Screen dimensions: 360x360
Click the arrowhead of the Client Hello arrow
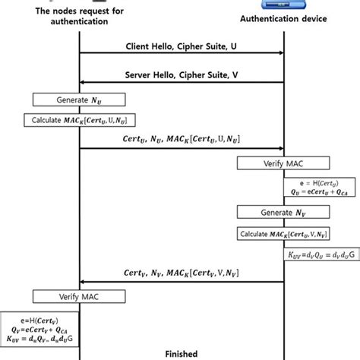pyautogui.click(x=280, y=54)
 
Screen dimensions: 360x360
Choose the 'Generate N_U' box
pyautogui.click(x=80, y=99)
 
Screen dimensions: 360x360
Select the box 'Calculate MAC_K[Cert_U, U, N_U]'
pyautogui.click(x=80, y=120)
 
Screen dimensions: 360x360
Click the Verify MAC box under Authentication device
pyautogui.click(x=283, y=163)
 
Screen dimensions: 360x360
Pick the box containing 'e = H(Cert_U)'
pyautogui.click(x=312, y=188)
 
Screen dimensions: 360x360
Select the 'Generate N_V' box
pyautogui.click(x=283, y=212)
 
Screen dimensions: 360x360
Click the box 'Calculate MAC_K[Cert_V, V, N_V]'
pyautogui.click(x=283, y=232)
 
